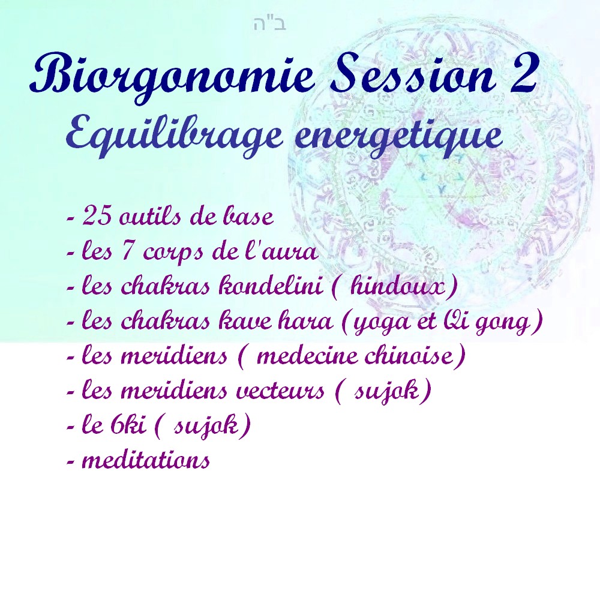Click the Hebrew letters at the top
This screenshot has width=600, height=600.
(x=270, y=24)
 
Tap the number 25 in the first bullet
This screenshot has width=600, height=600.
(x=97, y=216)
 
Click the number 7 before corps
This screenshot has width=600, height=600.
(x=127, y=251)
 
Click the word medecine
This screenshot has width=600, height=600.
(x=307, y=355)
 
